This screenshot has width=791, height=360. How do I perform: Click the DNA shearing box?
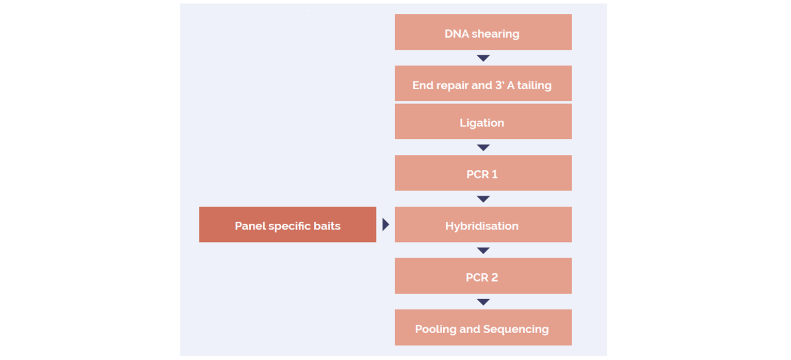point(483,32)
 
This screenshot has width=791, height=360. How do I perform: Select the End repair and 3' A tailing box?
point(483,83)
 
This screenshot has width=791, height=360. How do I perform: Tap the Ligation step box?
point(483,121)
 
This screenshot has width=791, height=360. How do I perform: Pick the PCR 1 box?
point(483,173)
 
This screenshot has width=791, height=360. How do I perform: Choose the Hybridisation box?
point(483,224)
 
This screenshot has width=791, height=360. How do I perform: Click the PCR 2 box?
point(483,276)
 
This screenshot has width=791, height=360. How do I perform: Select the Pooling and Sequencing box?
point(483,328)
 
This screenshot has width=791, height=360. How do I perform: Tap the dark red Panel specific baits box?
point(287,224)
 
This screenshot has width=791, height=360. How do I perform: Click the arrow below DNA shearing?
point(483,58)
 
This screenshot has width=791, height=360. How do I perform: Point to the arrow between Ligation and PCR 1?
point(483,147)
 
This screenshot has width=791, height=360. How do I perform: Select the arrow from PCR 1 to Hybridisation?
point(483,199)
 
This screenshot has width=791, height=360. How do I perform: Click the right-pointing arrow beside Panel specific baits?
point(385,224)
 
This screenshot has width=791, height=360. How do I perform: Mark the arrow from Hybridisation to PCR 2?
point(483,250)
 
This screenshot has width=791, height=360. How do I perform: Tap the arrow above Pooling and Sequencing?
point(483,302)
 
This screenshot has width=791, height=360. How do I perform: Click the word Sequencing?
point(516,330)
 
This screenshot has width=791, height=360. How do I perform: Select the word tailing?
point(534,86)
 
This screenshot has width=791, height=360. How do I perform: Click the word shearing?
point(495,34)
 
